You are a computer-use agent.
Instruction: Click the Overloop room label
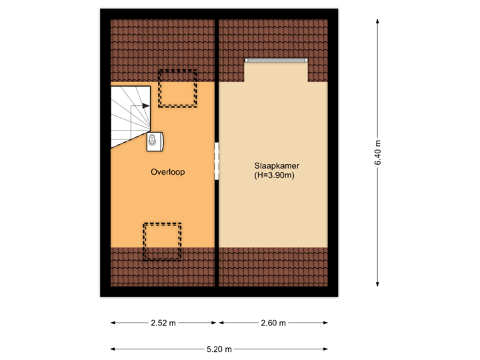tap(167, 171)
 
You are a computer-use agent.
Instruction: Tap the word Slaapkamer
tap(274, 165)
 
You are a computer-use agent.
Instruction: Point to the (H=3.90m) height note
tap(274, 176)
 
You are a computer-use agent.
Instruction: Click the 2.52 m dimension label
tap(163, 323)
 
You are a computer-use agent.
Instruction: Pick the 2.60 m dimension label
tap(273, 323)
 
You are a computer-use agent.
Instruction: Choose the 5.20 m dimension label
tap(219, 349)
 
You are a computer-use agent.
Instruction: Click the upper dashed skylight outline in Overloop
tap(177, 88)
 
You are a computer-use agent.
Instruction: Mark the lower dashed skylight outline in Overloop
tap(162, 242)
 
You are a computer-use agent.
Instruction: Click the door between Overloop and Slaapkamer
tap(217, 161)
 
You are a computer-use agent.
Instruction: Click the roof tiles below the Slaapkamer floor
tap(273, 266)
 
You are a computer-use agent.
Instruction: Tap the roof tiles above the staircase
tap(133, 50)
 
